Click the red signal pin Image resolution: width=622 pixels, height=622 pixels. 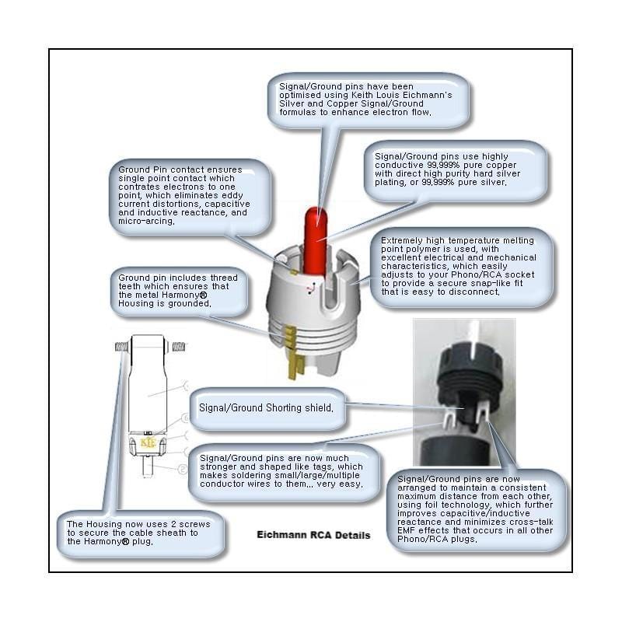click(x=316, y=240)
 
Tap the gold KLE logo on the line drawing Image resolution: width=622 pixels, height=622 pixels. click(x=148, y=442)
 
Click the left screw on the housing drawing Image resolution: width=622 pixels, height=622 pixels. click(x=122, y=347)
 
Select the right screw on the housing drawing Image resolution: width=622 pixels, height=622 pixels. click(x=179, y=347)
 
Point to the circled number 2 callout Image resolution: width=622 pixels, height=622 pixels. click(x=183, y=470)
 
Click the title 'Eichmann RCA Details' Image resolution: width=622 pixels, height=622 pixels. click(x=313, y=535)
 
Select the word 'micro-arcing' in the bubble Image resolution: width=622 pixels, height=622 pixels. click(x=146, y=221)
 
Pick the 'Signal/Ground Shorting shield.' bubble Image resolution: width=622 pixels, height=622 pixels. click(x=267, y=409)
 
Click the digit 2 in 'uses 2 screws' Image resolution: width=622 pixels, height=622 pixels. click(x=173, y=524)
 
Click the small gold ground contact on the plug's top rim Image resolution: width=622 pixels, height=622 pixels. click(x=294, y=273)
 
